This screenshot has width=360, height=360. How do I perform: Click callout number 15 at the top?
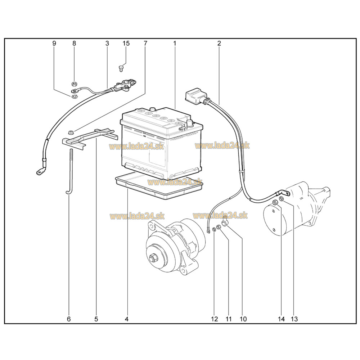pyautogui.click(x=126, y=43)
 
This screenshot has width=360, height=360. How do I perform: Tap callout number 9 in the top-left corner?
pyautogui.click(x=54, y=43)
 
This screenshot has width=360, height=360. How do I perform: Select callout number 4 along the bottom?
pyautogui.click(x=127, y=319)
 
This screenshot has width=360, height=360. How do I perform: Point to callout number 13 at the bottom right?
pyautogui.click(x=294, y=319)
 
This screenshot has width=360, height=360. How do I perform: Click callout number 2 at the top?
pyautogui.click(x=219, y=43)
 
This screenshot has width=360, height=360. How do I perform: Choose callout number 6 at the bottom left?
pyautogui.click(x=69, y=319)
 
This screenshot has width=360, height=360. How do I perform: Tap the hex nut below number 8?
pyautogui.click(x=74, y=84)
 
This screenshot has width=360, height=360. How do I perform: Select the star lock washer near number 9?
pyautogui.click(x=74, y=97)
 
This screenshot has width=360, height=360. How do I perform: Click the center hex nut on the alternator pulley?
pyautogui.click(x=153, y=258)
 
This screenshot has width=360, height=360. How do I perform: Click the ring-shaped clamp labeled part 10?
pyautogui.click(x=224, y=222)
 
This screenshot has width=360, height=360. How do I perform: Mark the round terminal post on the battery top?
pyautogui.click(x=190, y=123)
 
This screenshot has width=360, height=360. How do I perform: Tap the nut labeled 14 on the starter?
pyautogui.click(x=275, y=202)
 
